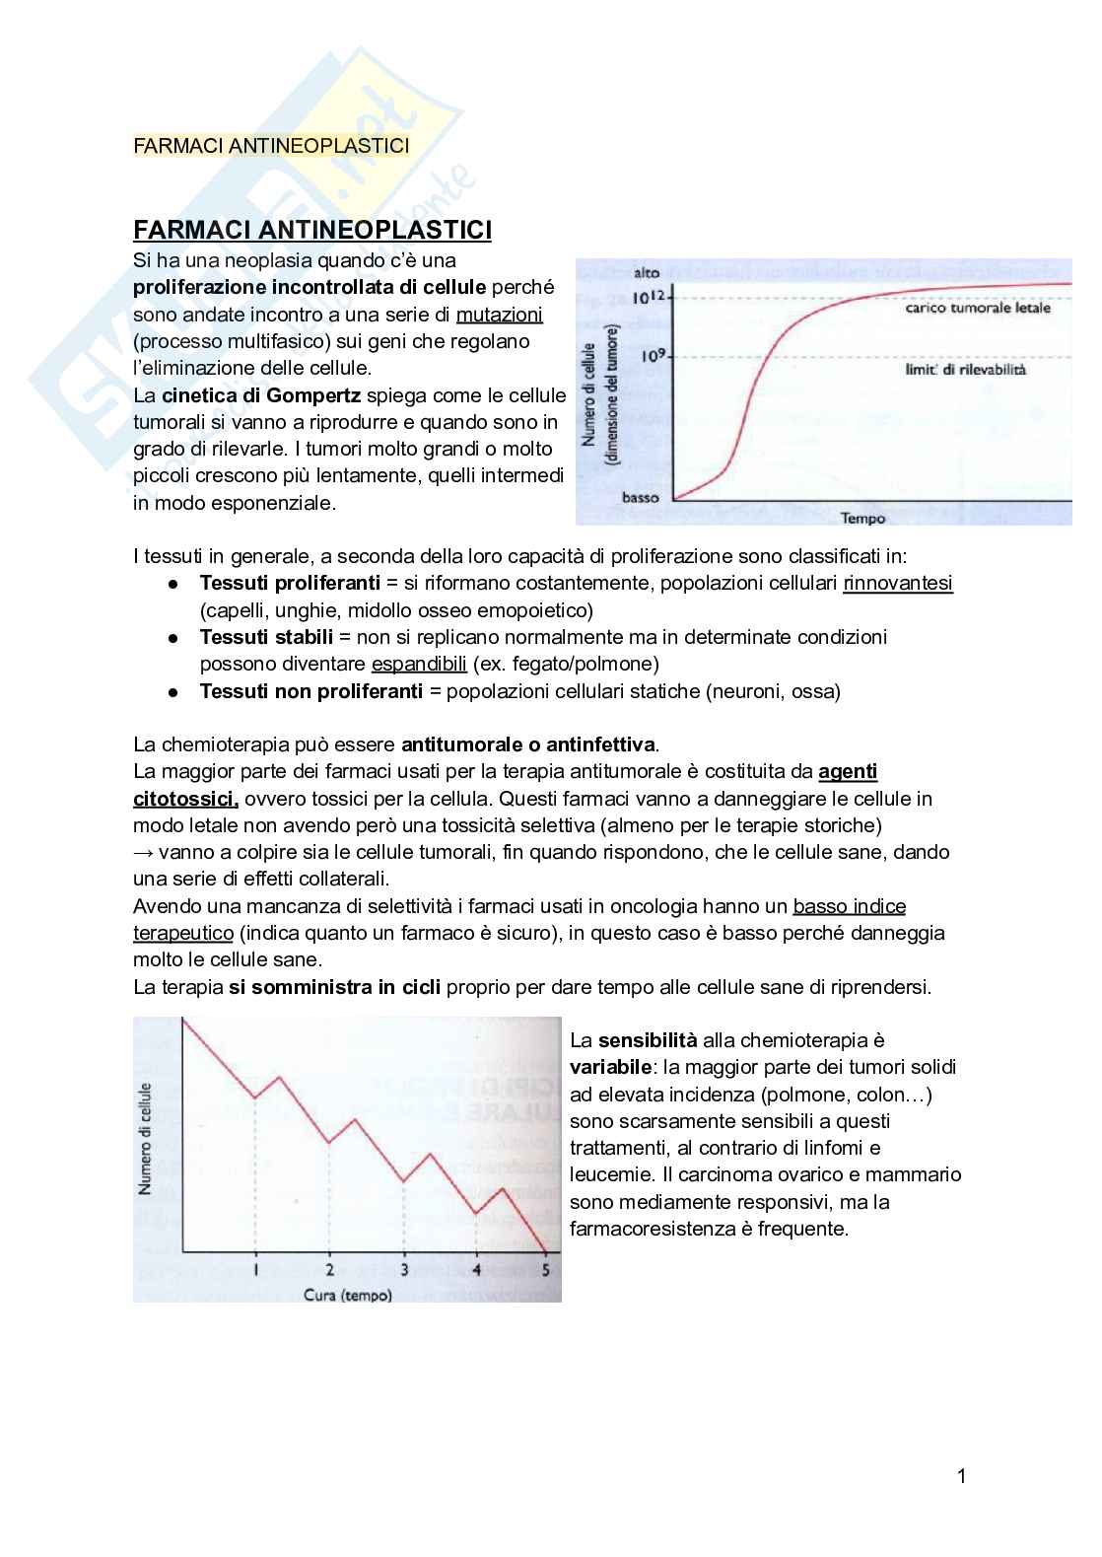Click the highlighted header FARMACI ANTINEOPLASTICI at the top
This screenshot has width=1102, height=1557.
(271, 146)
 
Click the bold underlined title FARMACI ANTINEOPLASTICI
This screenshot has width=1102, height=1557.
(312, 230)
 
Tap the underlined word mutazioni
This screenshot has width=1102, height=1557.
(499, 315)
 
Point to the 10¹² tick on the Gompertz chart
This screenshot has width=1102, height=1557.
(652, 297)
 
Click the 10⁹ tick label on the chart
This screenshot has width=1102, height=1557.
(654, 356)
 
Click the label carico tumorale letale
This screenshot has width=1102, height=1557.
(977, 308)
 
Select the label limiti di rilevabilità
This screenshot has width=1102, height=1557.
(965, 369)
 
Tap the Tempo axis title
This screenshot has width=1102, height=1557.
(862, 518)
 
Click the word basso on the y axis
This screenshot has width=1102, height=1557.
(640, 497)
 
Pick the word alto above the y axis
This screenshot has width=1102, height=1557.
(647, 273)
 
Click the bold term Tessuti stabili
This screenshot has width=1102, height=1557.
(266, 637)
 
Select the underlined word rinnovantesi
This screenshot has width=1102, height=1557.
(897, 583)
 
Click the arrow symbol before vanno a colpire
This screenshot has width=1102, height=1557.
(143, 852)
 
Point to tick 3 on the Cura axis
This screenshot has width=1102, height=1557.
(404, 1269)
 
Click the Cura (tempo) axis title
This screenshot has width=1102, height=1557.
(347, 1295)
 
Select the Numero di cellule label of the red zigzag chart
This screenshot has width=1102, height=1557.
(146, 1139)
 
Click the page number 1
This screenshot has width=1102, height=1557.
(961, 1476)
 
